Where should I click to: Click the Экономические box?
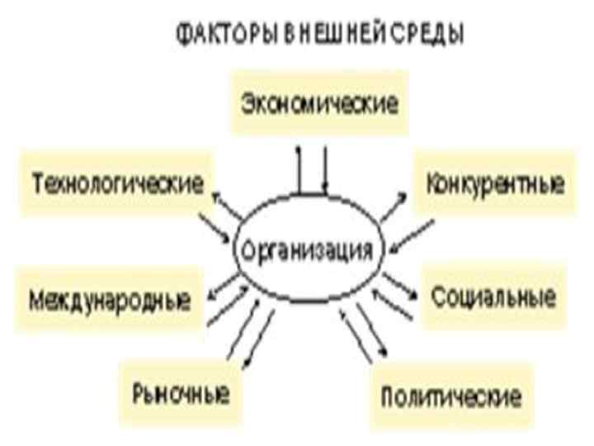point(320,104)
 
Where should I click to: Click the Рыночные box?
point(180,390)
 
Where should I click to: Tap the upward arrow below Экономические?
point(299,169)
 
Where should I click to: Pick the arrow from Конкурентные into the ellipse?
point(412,234)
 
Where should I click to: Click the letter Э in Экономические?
point(246,104)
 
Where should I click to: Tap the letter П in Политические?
point(387,396)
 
